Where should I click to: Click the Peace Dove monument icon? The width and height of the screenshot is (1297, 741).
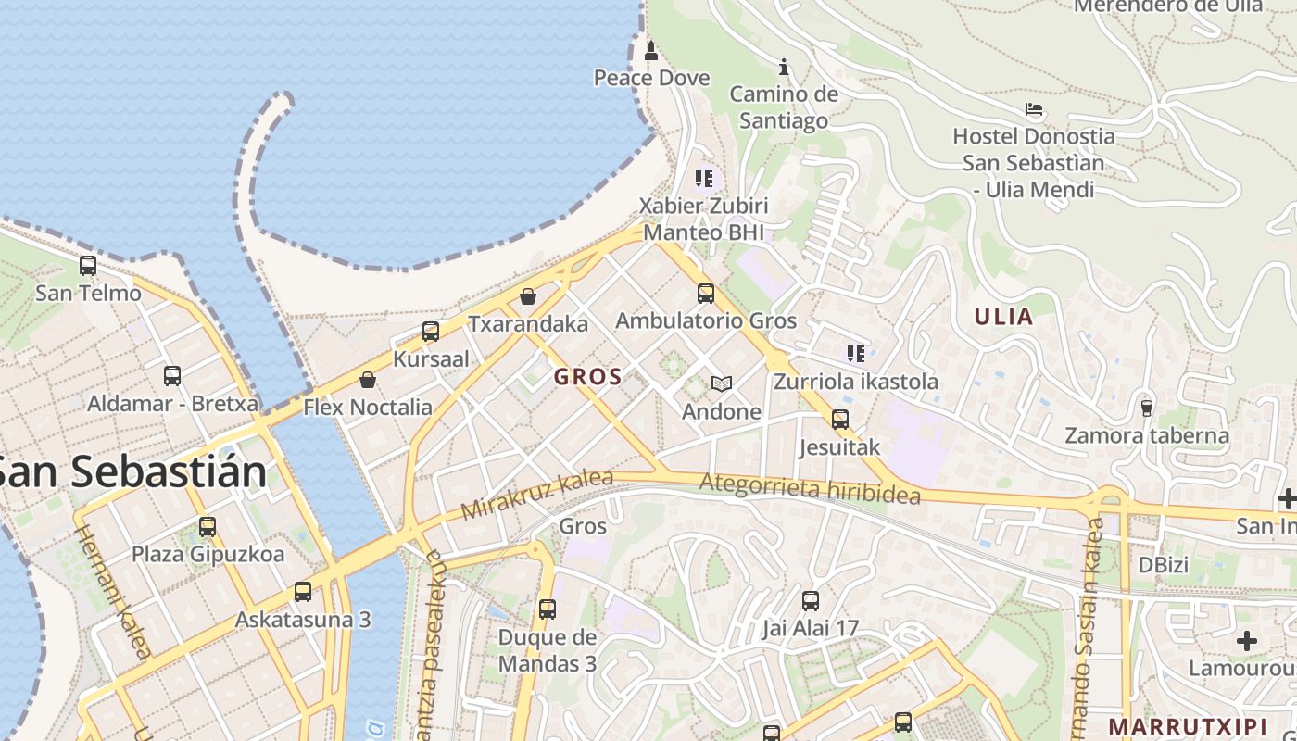651,50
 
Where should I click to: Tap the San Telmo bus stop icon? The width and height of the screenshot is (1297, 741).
88,266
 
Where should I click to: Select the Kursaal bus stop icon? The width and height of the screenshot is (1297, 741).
431,332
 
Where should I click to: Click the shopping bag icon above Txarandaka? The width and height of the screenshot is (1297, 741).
528,296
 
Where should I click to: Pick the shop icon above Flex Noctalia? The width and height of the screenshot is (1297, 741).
368,380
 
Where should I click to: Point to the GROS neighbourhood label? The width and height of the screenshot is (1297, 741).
587,377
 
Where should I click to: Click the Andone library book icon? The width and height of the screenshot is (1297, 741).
722,383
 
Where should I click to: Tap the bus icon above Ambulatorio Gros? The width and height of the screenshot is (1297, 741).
706,294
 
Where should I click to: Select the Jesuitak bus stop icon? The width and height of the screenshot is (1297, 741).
840,420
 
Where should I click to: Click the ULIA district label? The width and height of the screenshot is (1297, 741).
1003,317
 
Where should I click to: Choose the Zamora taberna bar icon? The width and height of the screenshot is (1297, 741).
1146,408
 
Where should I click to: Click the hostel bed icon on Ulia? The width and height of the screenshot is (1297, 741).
1034,109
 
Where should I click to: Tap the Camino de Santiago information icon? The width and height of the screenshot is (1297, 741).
784,67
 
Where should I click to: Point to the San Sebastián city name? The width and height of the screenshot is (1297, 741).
132,472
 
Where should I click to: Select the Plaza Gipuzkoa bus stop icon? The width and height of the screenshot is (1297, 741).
208,527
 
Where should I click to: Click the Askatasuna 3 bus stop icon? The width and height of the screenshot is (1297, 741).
302,592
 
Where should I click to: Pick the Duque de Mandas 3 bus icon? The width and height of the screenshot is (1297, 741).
548,609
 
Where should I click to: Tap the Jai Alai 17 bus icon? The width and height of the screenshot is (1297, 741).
811,601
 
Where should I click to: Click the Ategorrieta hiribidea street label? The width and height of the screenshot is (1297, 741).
810,489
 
